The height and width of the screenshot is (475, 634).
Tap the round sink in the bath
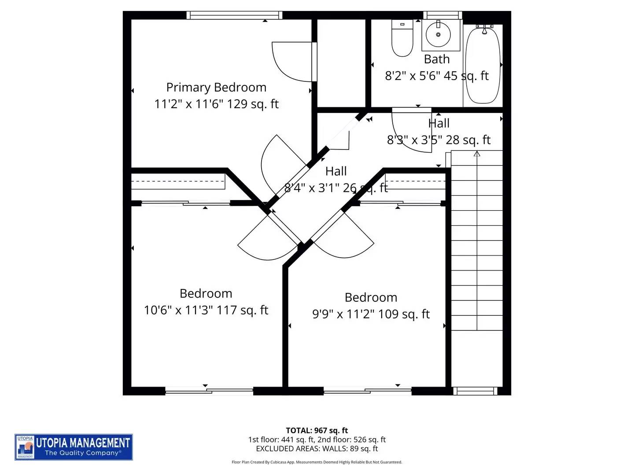tap(438, 35)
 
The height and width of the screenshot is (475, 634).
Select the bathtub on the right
tap(483, 65)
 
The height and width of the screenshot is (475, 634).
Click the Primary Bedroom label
tap(216, 87)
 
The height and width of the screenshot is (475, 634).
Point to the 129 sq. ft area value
tap(253, 104)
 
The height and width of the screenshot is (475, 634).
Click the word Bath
tap(437, 59)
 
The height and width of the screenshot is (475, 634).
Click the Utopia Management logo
tap(74, 447)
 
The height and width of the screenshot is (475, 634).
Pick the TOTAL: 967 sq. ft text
tap(317, 431)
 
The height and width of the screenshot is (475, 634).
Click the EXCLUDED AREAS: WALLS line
tap(317, 449)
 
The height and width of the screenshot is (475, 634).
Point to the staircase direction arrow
tap(477, 154)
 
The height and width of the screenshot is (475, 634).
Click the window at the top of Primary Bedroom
tap(234, 15)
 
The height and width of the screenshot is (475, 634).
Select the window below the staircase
tap(475, 391)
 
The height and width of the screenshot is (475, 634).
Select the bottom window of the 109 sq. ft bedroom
tap(367, 391)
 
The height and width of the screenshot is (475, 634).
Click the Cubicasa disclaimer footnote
tap(317, 462)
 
